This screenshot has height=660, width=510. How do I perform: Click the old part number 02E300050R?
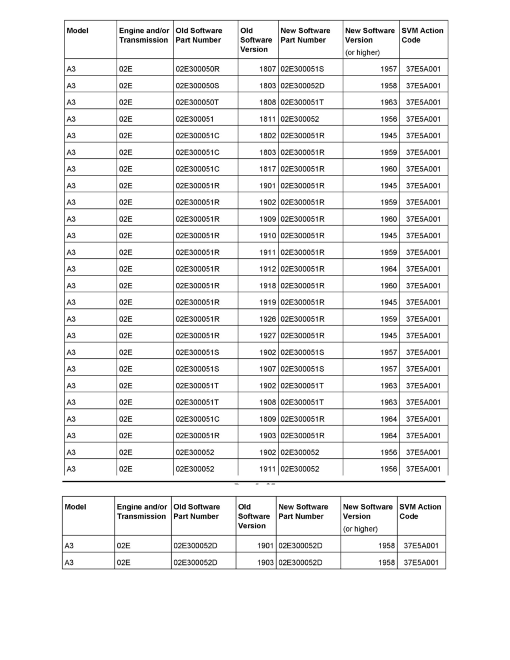(x=198, y=69)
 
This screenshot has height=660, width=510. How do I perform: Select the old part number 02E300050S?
(x=198, y=86)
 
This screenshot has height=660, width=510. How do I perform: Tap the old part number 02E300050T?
(x=198, y=103)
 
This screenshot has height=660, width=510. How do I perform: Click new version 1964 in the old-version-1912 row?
(x=389, y=269)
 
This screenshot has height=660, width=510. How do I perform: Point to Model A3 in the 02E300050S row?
(x=71, y=86)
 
